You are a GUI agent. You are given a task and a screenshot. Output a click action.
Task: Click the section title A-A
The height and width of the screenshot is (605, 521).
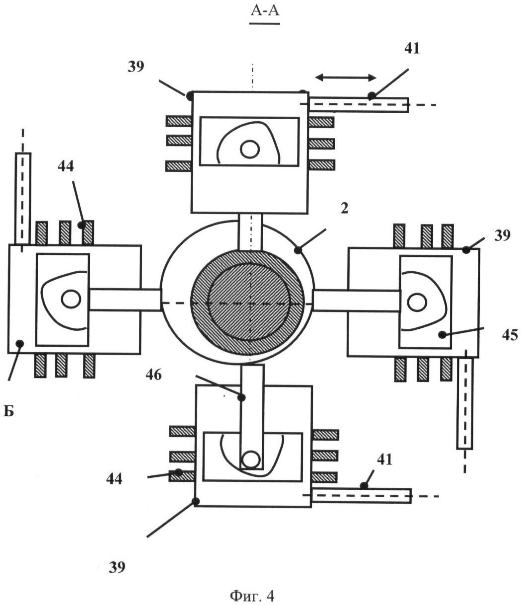coord(265,12)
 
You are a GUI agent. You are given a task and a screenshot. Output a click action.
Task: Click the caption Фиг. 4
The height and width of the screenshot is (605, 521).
coord(252,595)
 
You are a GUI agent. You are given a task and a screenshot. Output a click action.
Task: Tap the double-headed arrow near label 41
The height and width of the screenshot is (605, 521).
coord(346,77)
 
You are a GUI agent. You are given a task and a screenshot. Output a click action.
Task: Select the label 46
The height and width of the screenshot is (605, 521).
coord(153,375)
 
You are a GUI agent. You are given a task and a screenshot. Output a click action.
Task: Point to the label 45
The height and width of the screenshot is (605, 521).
coord(510,335)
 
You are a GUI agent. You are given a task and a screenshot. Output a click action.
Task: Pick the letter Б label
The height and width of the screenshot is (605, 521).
coord(9,411)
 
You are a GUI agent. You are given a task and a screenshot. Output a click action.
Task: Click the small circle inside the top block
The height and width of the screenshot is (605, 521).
coord(250,150)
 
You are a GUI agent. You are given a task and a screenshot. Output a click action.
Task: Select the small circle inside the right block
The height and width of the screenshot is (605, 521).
coord(417,302)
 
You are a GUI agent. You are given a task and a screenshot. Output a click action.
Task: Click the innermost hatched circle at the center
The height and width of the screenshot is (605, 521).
coord(250,302)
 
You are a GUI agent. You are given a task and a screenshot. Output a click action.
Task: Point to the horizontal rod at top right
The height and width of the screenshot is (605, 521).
coord(359,105)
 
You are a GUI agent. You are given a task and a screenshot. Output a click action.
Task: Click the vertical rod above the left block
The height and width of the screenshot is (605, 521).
coord(23,199)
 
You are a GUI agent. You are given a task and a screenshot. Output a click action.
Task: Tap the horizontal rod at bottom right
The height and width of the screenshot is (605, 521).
coord(361,496)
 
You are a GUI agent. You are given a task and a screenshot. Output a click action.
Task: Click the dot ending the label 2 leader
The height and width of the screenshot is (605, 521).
coord(298,250)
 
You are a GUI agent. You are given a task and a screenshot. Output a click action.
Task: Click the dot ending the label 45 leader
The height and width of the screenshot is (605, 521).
coord(442,335)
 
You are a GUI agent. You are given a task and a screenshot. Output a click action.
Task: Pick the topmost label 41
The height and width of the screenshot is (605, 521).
coord(412,48)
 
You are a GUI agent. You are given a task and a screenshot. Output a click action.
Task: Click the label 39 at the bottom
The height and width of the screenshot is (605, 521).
coord(117,568)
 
